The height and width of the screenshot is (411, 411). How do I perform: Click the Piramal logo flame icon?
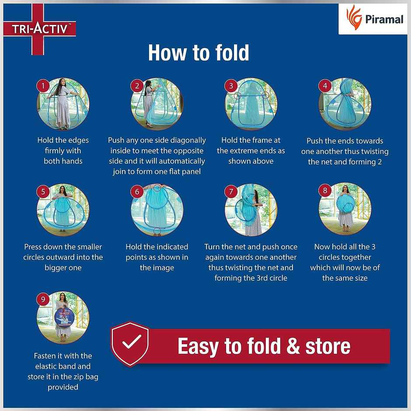coord(354,17)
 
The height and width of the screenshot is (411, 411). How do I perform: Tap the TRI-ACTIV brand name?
coord(40,29)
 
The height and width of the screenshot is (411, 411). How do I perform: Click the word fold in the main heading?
coord(232,52)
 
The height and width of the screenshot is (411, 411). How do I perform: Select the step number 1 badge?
coord(43,86)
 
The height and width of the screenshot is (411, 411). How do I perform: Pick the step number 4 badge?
coord(325,86)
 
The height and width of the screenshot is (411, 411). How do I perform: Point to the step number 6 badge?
coord(137,192)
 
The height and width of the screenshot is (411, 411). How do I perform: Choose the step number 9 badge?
coord(43,300)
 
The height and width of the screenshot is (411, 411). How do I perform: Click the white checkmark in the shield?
coord(132,341)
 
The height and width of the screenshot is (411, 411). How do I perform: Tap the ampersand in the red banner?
coord(293,346)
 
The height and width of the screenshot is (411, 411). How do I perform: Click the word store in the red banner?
coord(327,346)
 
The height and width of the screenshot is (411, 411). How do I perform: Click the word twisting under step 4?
coord(373,152)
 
